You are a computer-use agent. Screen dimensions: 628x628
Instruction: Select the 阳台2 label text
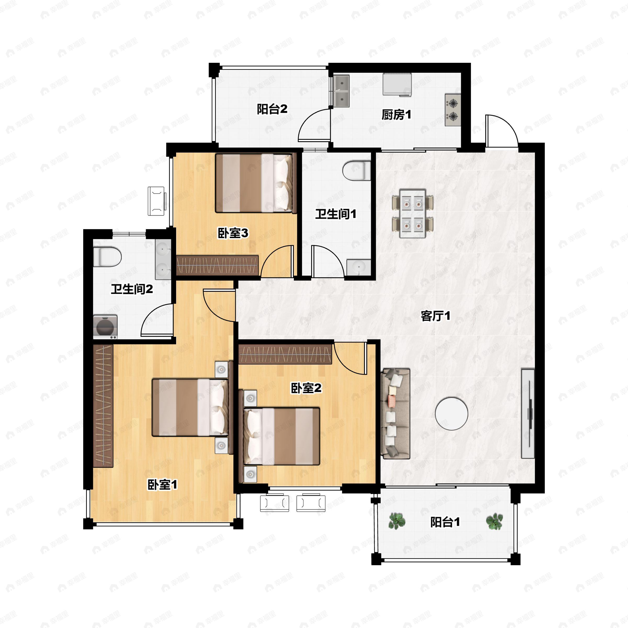click(x=272, y=109)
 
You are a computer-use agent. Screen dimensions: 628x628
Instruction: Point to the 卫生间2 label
click(x=132, y=289)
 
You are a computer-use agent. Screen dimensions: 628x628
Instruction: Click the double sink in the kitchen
click(x=341, y=91)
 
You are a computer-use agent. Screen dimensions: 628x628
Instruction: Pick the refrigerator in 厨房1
click(x=397, y=85)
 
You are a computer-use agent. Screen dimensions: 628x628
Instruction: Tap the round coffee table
click(x=451, y=413)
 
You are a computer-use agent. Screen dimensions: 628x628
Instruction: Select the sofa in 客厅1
click(x=395, y=413)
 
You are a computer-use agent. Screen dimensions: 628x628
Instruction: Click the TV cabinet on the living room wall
click(x=528, y=413)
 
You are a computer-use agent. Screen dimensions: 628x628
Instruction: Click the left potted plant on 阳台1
click(x=397, y=521)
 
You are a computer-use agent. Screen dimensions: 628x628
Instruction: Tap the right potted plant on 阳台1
click(x=494, y=521)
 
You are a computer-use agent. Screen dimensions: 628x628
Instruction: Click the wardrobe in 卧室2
click(x=285, y=354)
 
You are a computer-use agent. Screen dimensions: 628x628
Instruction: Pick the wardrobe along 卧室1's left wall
click(x=103, y=406)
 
